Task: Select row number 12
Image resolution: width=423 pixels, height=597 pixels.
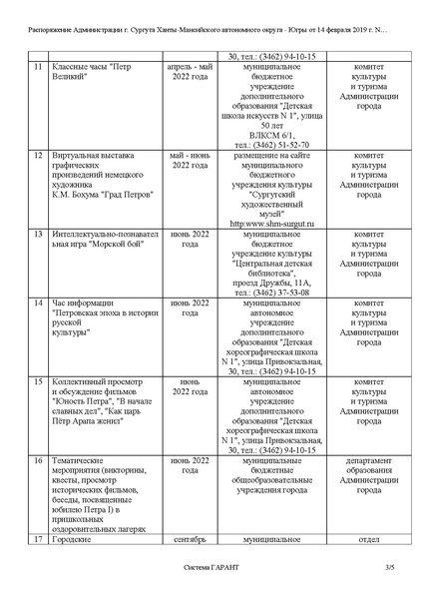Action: (37, 156)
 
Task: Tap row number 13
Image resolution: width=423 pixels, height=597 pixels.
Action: (37, 233)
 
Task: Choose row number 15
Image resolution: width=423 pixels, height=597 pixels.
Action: (37, 381)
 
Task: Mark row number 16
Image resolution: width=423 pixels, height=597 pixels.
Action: (37, 460)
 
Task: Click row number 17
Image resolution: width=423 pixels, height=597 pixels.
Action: (37, 540)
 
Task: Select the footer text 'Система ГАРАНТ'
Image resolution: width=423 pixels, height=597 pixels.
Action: (211, 568)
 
